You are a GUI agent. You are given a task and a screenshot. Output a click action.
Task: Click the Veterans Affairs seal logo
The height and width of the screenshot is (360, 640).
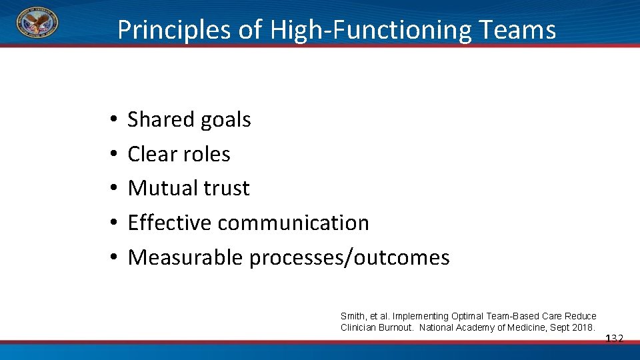37,22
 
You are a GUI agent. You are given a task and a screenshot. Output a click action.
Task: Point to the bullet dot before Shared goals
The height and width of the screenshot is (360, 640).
114,120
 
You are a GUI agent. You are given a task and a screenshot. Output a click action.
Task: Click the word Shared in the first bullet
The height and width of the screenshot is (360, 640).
158,119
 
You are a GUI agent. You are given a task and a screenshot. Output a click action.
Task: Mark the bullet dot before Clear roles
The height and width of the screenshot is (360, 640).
114,155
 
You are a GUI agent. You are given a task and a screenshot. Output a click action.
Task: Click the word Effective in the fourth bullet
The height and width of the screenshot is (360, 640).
169,223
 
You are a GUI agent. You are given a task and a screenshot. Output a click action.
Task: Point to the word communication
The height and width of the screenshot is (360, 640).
293,223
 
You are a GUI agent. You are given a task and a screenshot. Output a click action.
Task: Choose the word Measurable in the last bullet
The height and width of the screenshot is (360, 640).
185,257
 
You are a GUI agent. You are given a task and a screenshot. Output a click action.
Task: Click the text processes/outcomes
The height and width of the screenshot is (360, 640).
349,257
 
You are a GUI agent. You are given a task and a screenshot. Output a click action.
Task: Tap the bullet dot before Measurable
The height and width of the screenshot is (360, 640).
114,258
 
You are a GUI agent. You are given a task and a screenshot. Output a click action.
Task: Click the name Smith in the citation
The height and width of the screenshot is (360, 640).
352,316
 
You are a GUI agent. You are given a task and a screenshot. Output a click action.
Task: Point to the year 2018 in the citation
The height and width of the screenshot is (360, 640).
583,327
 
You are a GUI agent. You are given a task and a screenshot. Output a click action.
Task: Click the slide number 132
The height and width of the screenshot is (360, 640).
614,339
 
